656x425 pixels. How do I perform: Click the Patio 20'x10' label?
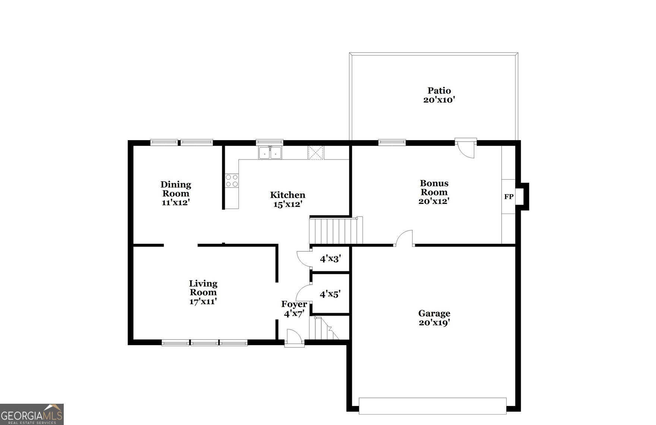coord(439,95)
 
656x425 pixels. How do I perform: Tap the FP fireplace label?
coord(509,196)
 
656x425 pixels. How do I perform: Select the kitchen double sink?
coord(270,153)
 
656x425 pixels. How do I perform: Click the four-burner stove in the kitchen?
coord(231,181)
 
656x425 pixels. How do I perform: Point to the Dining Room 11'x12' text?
coord(176,193)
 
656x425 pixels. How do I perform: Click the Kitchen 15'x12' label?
coord(287,199)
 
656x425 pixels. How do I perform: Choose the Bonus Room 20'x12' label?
coord(434,192)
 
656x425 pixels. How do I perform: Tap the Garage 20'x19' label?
coord(434,318)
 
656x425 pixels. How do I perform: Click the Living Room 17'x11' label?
coord(203,293)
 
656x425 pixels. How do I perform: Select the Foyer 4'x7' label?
coord(294,309)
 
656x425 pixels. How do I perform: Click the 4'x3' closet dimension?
coord(330,258)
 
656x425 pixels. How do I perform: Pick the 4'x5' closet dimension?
coord(330,294)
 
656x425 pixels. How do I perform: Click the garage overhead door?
coord(432,406)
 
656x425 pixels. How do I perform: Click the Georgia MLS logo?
coord(32,414)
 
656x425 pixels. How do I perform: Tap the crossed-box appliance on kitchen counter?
coord(315,152)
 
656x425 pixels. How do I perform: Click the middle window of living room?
coord(204,343)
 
